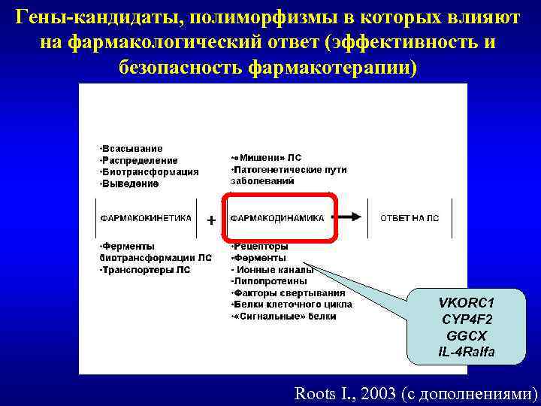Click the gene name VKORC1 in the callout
467,303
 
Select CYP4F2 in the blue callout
467,320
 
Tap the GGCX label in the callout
467,336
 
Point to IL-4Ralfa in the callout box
467,353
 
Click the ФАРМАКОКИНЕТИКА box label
147,218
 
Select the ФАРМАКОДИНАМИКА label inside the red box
277,218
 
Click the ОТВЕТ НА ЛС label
410,218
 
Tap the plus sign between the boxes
211,220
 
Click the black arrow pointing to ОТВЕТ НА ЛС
347,217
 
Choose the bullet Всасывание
132,149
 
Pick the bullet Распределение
140,160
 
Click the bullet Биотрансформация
150,171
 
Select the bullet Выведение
131,183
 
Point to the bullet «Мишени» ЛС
267,158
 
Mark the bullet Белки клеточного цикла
292,304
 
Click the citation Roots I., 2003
346,392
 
